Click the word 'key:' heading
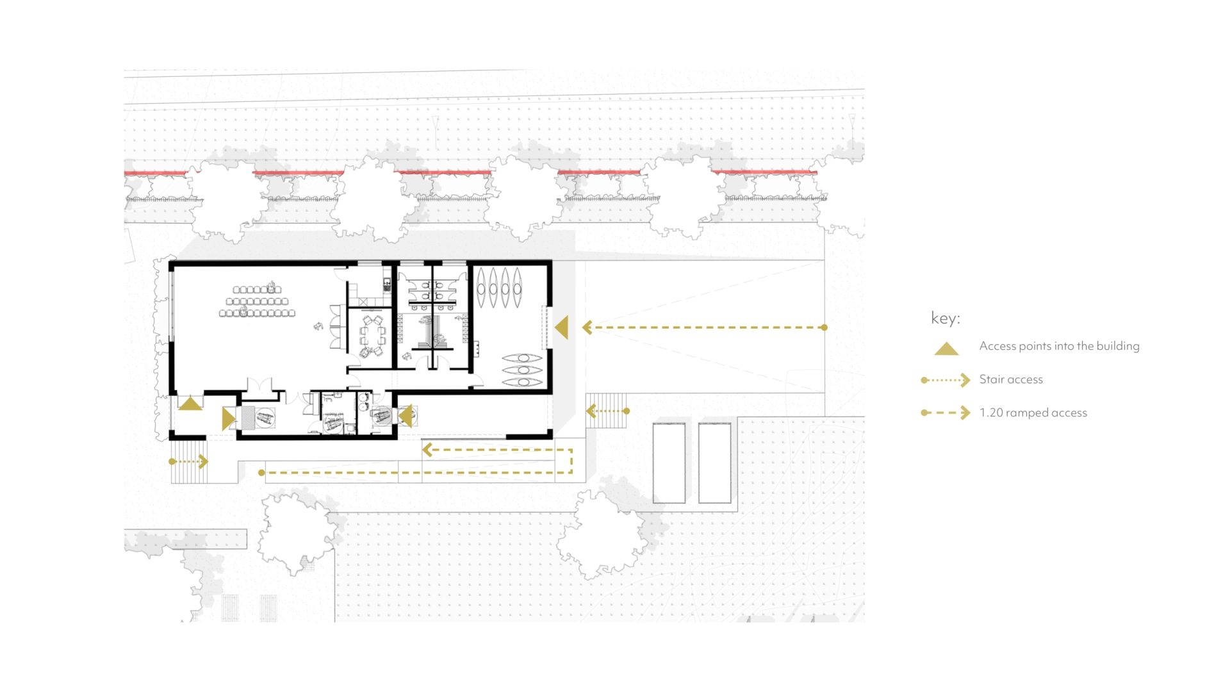(945, 318)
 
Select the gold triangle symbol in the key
(946, 349)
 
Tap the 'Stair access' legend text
(1011, 379)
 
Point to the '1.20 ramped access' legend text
(1033, 413)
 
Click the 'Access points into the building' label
(1060, 346)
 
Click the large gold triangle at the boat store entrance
(562, 327)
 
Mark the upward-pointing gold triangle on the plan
(190, 404)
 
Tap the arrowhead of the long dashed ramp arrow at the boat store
(587, 327)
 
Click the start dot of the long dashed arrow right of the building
(824, 327)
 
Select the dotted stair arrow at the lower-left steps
(189, 461)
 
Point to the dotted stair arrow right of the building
(608, 411)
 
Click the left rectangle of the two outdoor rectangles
(669, 462)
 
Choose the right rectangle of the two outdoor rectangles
(714, 462)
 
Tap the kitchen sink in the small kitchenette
(387, 282)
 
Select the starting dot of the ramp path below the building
(261, 473)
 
